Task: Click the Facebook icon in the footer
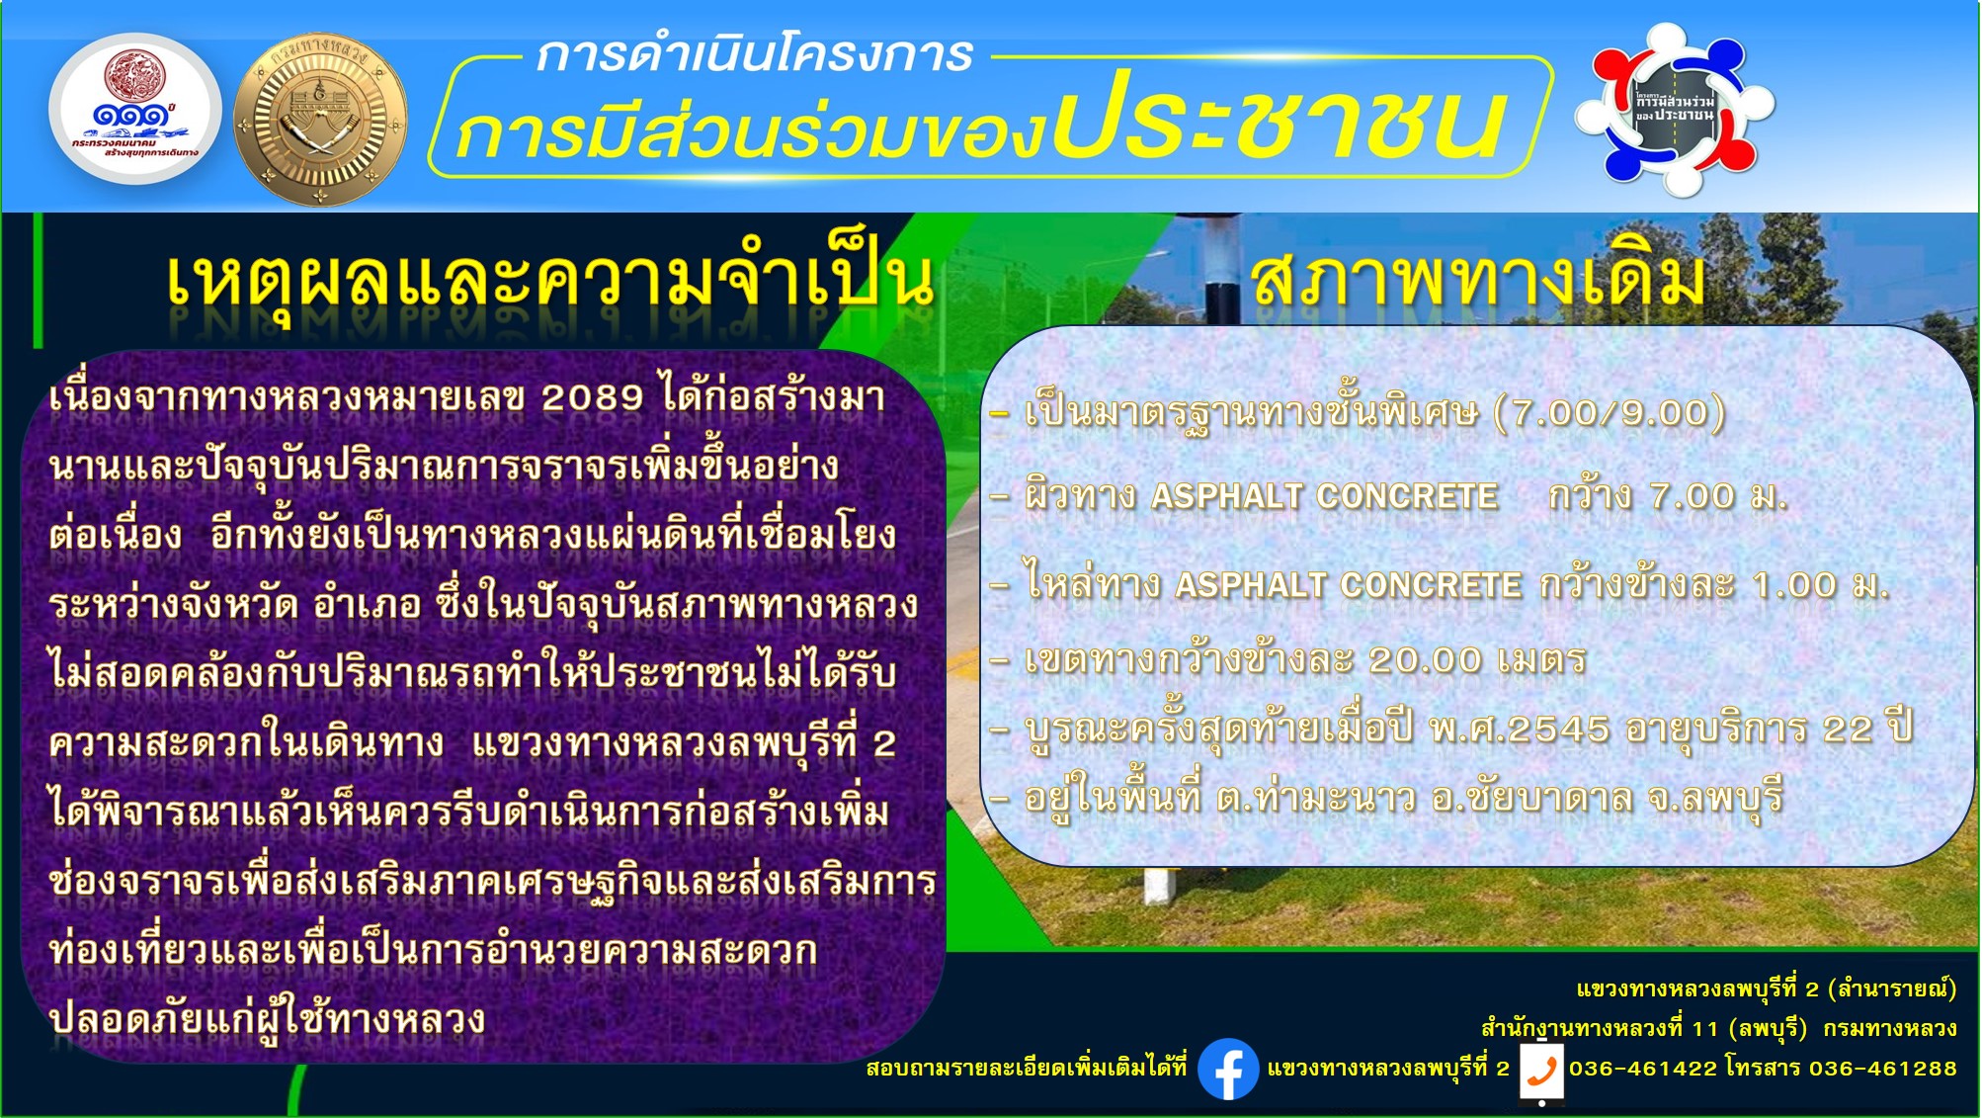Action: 1228,1069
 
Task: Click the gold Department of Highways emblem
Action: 319,120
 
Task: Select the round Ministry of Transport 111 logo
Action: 135,109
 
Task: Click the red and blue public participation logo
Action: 1674,109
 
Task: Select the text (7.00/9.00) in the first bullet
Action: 1610,412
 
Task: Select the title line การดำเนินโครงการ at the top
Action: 754,53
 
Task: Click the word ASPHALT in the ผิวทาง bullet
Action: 1225,495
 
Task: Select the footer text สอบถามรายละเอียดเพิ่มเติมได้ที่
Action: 1026,1068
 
